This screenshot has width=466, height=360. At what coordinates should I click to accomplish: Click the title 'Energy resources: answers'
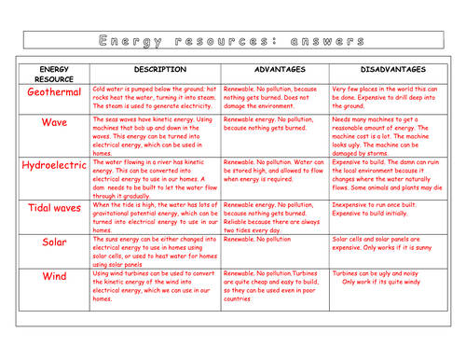click(233, 42)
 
